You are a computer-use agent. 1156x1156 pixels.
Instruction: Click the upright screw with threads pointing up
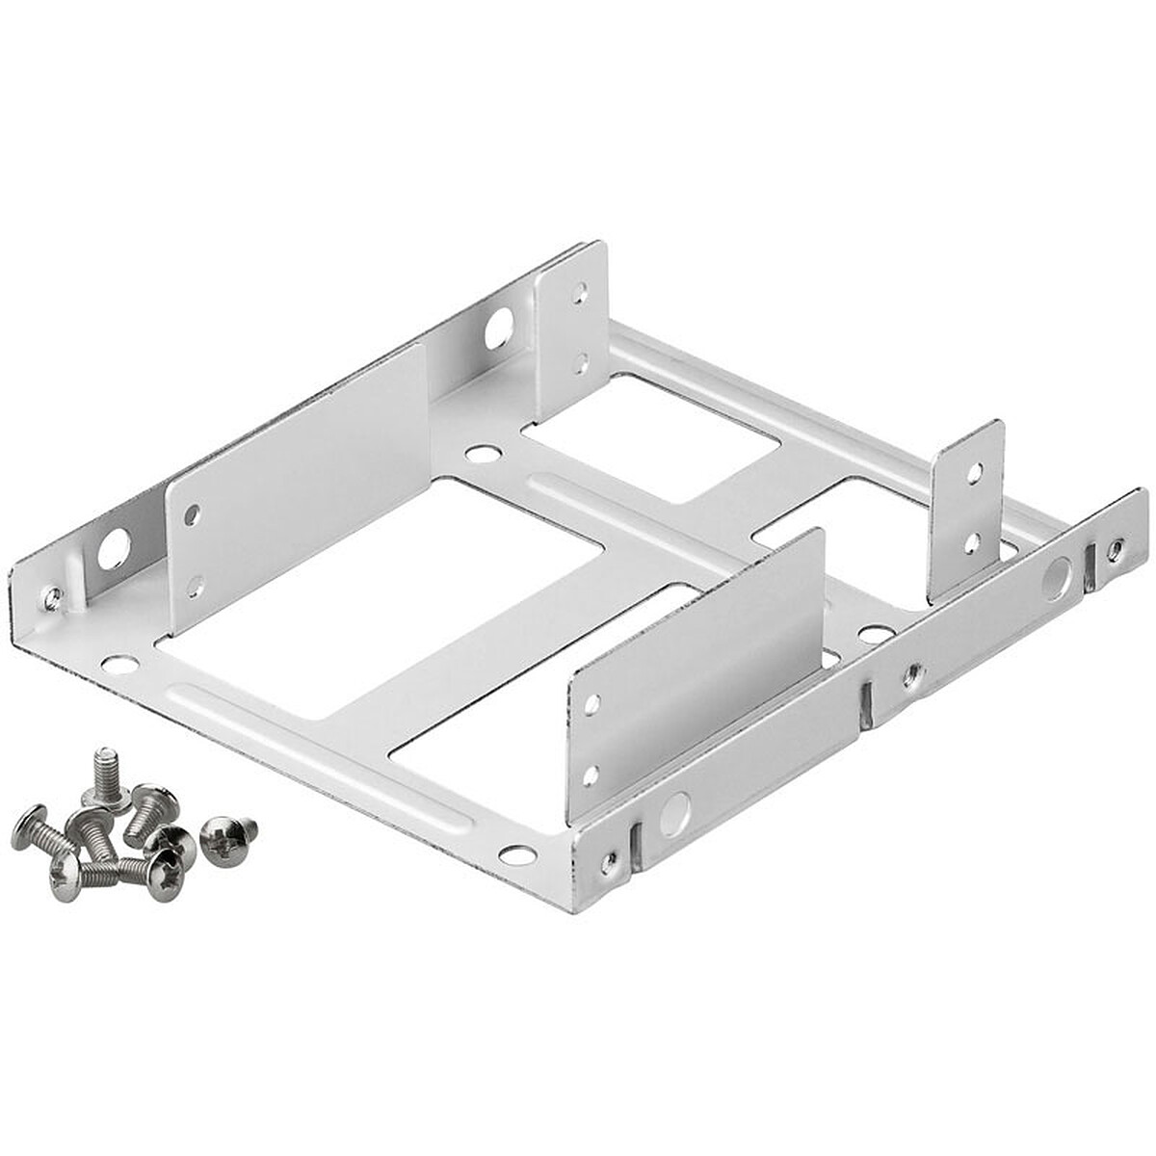point(105,776)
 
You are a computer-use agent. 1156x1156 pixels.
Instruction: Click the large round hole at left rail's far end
point(498,330)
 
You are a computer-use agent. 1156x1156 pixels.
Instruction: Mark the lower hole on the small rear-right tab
point(973,543)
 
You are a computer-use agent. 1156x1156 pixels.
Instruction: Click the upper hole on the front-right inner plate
point(592,703)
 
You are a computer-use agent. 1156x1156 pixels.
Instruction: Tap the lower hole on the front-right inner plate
point(591,773)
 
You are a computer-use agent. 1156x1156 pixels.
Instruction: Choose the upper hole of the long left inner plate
point(192,513)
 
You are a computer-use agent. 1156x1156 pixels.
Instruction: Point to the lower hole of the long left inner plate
point(196,584)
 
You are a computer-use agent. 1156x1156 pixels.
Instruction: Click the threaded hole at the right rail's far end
point(1114,549)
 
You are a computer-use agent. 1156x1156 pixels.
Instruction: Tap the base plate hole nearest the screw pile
point(119,664)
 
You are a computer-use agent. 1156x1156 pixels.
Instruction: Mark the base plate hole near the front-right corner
point(516,854)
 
